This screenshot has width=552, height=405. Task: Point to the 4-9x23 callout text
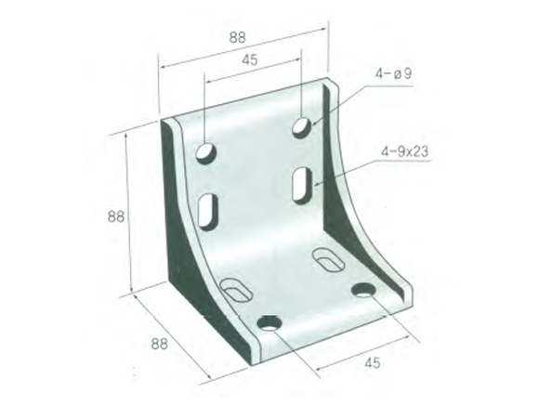tap(401, 150)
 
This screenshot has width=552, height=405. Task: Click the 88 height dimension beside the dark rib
tap(115, 216)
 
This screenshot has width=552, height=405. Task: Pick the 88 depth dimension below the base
tap(160, 343)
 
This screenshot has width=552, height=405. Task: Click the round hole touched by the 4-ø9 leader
tap(303, 125)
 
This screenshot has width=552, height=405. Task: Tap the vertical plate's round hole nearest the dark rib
tap(206, 151)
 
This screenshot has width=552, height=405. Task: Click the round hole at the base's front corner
tap(269, 323)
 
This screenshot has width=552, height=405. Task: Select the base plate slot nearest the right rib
tap(327, 257)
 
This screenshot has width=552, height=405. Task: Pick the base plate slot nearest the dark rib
tap(236, 288)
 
